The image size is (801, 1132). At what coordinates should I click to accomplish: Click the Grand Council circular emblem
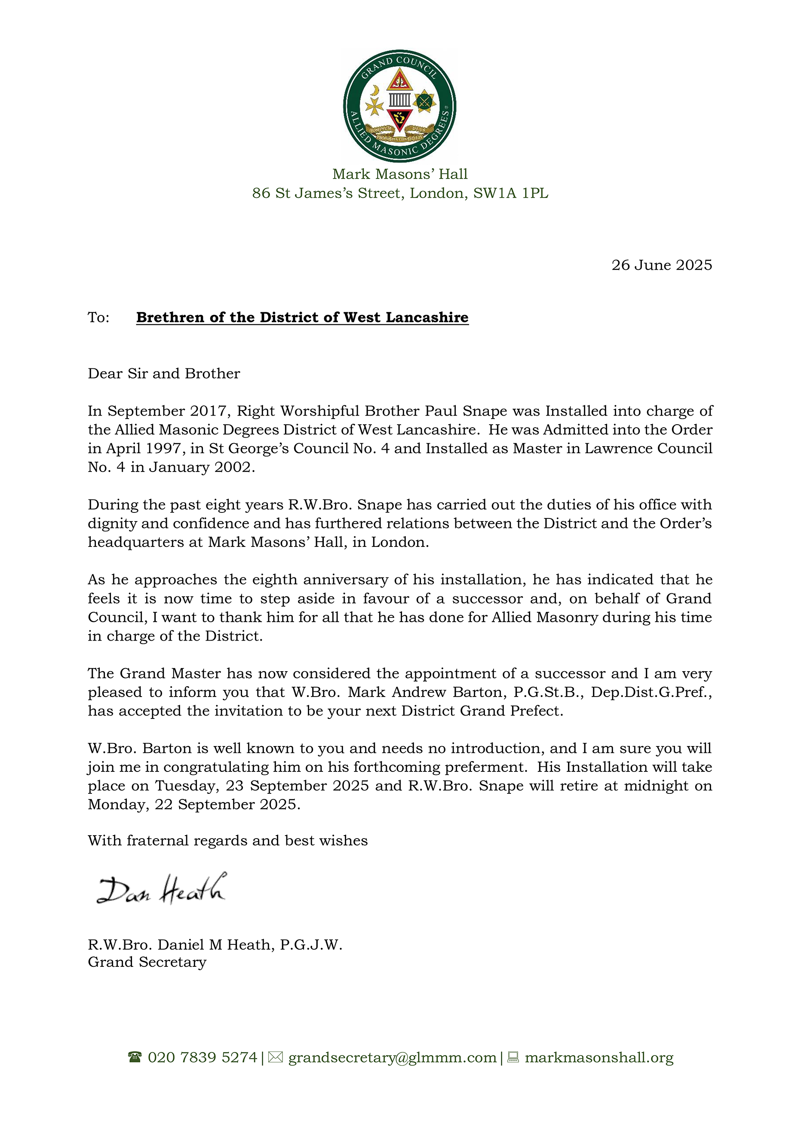(x=399, y=106)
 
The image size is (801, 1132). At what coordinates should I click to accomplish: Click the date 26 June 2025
(x=661, y=265)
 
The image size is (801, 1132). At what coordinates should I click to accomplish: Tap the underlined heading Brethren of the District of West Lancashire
(x=302, y=317)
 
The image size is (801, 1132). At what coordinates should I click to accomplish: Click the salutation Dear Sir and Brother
(x=164, y=373)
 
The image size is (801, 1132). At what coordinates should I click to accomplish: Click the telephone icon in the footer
(x=134, y=1058)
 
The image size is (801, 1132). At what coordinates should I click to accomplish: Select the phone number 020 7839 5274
(x=202, y=1058)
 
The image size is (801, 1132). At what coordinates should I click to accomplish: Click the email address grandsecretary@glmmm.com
(x=392, y=1058)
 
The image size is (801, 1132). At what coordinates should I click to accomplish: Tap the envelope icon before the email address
(x=275, y=1058)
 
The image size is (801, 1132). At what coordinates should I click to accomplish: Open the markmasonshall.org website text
(x=599, y=1058)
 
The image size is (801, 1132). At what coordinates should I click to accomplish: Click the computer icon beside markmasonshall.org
(x=513, y=1058)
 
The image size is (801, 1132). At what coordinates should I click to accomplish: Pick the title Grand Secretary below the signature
(x=147, y=962)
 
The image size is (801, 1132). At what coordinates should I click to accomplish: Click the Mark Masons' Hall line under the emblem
(x=399, y=174)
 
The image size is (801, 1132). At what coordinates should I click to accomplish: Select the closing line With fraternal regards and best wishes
(x=227, y=840)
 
